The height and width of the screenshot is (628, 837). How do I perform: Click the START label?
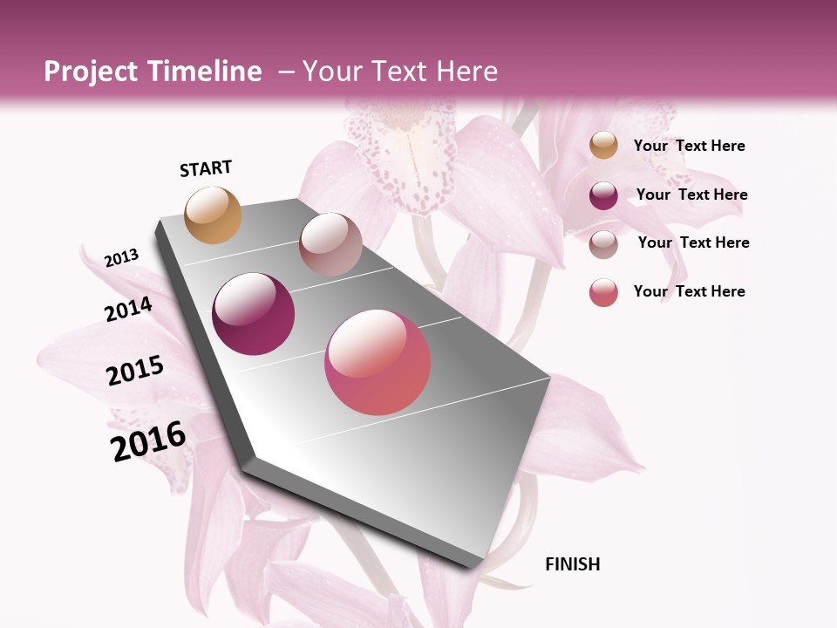(206, 168)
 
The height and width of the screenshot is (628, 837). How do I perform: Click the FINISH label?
(573, 564)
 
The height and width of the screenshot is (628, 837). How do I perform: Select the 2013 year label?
(122, 257)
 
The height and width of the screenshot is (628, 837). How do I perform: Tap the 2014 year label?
(129, 309)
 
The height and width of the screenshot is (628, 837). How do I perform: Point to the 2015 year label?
(135, 371)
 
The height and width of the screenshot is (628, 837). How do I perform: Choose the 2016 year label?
(149, 440)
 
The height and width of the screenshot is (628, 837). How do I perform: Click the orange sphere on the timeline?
(214, 215)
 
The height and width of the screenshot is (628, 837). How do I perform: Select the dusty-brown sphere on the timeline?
(330, 244)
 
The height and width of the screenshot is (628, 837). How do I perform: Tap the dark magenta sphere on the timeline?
(254, 314)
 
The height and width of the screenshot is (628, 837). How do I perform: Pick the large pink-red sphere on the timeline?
(378, 362)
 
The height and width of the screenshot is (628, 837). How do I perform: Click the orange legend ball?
(603, 146)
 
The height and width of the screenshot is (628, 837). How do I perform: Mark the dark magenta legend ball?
(603, 195)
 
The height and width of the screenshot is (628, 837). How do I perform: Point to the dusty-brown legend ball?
(603, 243)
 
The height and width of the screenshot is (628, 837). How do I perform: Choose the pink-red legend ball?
(603, 292)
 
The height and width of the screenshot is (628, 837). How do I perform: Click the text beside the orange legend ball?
(689, 146)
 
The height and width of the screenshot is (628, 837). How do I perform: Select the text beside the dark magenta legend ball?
(691, 195)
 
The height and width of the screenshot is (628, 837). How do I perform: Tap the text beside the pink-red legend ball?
(689, 291)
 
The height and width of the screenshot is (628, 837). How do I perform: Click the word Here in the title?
(466, 72)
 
